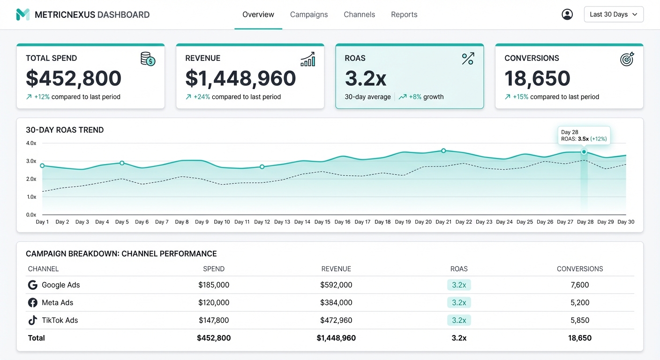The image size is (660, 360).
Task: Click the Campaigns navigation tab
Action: [309, 15]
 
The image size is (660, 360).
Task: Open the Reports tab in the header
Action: [404, 15]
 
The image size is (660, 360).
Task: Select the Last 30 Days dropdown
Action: [614, 15]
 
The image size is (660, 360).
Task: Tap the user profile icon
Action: [567, 15]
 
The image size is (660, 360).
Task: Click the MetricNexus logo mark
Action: [22, 15]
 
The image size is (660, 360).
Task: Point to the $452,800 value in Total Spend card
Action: [74, 78]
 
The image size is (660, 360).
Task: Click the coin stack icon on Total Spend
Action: [148, 59]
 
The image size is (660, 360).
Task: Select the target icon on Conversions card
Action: [627, 59]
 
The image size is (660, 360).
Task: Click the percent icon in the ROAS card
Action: [468, 59]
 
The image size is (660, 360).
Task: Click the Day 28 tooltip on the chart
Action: [584, 135]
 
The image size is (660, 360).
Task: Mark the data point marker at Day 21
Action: [443, 151]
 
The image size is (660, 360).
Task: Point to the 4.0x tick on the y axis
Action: [31, 143]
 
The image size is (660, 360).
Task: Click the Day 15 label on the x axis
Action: [322, 222]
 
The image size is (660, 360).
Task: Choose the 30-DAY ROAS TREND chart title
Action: [65, 130]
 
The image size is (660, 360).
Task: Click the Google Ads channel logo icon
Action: [33, 285]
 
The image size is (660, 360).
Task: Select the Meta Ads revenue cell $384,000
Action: [336, 303]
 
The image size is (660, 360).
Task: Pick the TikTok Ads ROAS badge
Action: [459, 321]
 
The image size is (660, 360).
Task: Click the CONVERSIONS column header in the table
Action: [580, 269]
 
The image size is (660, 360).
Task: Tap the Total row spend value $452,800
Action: [214, 338]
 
